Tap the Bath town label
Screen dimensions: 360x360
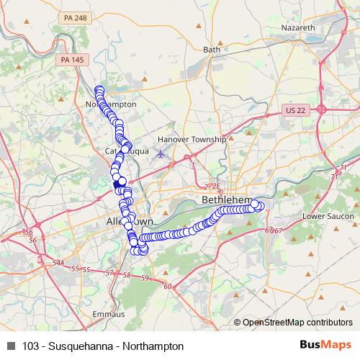tap(212, 50)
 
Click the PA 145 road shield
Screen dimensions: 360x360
tap(71, 60)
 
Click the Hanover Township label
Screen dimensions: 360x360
tap(192, 139)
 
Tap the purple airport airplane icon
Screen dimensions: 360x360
tap(159, 153)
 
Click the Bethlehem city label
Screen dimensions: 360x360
tap(228, 197)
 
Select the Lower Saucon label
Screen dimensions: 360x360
tap(325, 215)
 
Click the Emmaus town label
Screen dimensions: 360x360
tap(108, 314)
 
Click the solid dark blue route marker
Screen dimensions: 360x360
tap(117, 185)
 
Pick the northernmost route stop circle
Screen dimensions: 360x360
tap(99, 90)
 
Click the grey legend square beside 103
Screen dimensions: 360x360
tap(10, 346)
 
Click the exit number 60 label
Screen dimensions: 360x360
tap(167, 287)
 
